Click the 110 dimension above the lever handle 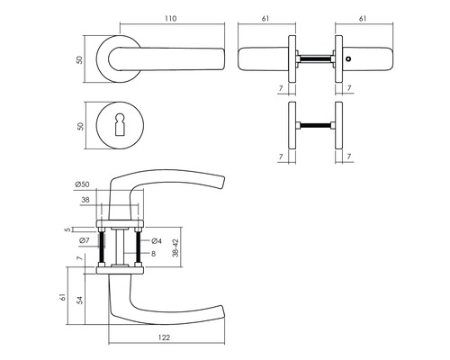point(170,18)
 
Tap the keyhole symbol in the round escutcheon point(120,125)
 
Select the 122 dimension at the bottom point(164,337)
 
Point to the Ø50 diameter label point(82,184)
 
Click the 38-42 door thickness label point(175,247)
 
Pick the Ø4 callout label point(157,240)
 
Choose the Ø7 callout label point(85,240)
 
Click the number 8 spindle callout point(153,254)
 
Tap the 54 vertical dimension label point(79,301)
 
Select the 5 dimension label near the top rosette point(67,229)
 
